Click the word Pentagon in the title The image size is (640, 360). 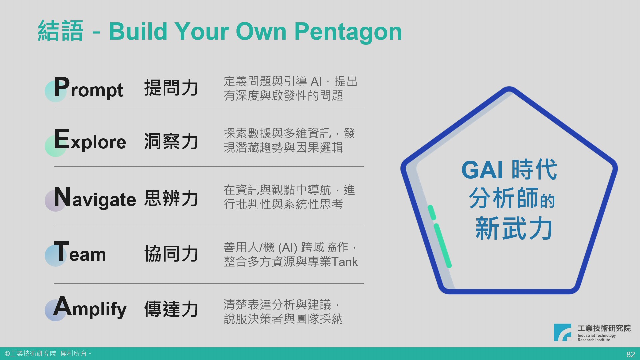[x=348, y=32]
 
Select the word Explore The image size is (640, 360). [x=90, y=140]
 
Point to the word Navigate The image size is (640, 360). [x=95, y=197]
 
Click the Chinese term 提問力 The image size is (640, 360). [x=171, y=88]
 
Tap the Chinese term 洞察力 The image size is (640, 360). [x=171, y=141]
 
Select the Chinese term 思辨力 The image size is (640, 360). [x=171, y=198]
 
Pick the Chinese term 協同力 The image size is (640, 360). [x=171, y=254]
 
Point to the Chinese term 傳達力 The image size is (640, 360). [x=171, y=309]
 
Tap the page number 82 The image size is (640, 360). [x=631, y=355]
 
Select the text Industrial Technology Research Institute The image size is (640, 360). [x=597, y=338]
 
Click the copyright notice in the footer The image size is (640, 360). [x=48, y=353]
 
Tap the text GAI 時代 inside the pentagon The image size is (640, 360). [x=509, y=170]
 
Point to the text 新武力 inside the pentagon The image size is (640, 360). [x=514, y=228]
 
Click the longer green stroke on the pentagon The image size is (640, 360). [x=443, y=246]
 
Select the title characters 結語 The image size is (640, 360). [x=60, y=31]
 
